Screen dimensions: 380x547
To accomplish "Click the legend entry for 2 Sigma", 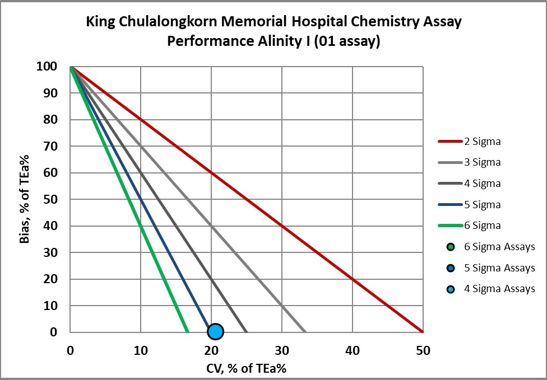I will coord(483,141).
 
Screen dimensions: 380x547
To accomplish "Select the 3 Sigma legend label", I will coord(483,162).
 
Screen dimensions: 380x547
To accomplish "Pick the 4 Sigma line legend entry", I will coord(483,184).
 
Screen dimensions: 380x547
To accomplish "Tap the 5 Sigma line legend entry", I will coord(483,205).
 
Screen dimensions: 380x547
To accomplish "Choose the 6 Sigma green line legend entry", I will coord(483,226).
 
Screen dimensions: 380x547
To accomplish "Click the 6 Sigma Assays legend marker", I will coord(450,247).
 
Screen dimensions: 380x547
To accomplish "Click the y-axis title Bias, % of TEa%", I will coord(24,199).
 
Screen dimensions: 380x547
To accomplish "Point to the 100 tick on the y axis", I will coord(48,67).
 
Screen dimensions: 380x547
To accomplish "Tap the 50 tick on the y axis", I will coord(52,199).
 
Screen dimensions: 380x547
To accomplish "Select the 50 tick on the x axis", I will coord(423,351).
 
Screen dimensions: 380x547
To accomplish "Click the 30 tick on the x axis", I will coord(281,351).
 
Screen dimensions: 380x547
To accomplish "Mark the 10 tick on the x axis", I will coord(141,351).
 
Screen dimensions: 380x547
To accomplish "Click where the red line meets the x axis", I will coord(423,332).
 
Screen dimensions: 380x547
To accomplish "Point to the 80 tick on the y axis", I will coord(52,120).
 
